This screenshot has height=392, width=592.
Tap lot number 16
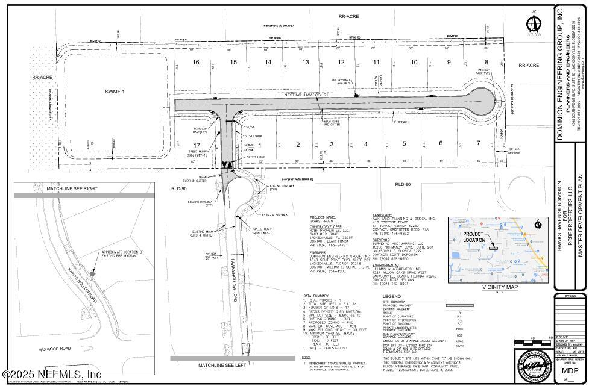coord(195,63)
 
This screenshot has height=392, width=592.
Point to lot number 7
coord(478,143)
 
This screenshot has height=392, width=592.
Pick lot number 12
coord(341,63)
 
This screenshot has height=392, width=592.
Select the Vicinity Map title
coord(500,288)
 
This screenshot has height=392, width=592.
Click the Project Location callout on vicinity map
coord(474,237)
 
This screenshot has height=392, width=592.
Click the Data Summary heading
coord(316,296)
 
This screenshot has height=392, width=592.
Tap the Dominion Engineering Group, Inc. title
coord(560,72)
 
